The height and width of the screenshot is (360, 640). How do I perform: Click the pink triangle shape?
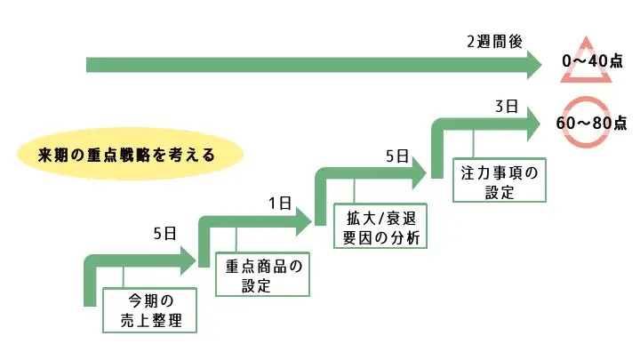(x=586, y=62)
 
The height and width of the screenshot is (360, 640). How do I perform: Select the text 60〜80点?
(x=591, y=124)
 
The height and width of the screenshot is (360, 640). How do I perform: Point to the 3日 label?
(x=506, y=107)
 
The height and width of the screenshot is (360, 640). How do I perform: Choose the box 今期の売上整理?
(x=148, y=308)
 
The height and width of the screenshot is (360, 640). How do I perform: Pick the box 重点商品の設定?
(x=264, y=275)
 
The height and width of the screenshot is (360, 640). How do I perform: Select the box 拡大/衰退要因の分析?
(x=380, y=226)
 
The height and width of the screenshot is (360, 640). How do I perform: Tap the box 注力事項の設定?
(x=500, y=180)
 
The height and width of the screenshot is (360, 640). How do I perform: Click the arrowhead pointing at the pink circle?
(x=531, y=124)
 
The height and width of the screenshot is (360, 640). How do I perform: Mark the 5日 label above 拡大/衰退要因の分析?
(x=396, y=156)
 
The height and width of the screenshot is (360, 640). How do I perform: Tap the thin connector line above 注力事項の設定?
(x=473, y=145)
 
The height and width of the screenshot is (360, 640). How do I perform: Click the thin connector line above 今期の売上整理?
(x=124, y=276)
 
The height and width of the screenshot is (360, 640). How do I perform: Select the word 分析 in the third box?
(x=412, y=236)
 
